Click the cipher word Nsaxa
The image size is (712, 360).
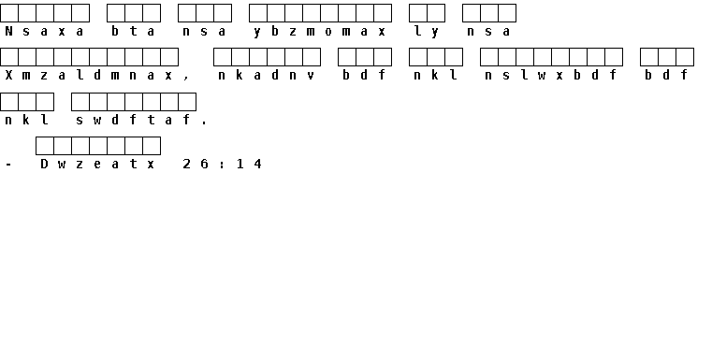point(44,31)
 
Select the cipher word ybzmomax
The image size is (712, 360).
point(320,32)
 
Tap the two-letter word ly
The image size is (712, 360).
point(427,32)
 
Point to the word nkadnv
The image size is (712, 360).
point(267,76)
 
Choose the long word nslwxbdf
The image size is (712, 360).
point(551,76)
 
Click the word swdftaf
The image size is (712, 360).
point(133,120)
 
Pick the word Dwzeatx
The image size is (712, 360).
point(97,164)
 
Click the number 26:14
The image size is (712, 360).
point(222,164)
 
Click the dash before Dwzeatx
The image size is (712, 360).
point(8,165)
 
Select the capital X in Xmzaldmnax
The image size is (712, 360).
point(8,76)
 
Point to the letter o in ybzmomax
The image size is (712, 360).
point(328,32)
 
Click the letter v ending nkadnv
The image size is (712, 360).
point(311,77)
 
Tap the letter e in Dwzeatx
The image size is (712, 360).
point(97,165)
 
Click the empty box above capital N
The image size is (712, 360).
point(9,13)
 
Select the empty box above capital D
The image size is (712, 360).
point(45,146)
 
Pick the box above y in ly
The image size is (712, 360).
point(436,13)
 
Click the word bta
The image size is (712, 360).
point(133,31)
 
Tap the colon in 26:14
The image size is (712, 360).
point(222,165)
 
